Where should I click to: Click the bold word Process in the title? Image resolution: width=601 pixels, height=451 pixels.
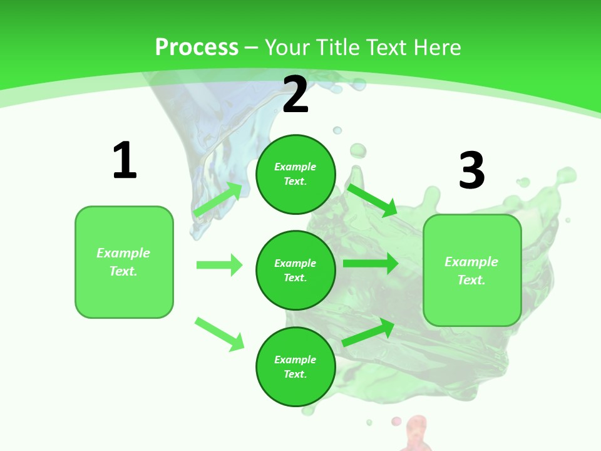[x=197, y=47]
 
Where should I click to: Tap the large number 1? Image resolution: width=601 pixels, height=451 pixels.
[x=125, y=160]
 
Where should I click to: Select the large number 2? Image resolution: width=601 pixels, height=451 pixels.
[x=295, y=95]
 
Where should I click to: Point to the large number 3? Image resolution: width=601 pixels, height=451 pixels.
[x=472, y=170]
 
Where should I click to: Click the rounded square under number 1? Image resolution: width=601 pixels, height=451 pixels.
[x=124, y=262]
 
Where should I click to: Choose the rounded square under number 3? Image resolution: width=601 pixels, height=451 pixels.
[x=472, y=271]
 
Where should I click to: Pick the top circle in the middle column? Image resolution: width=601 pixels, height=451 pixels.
[x=295, y=174]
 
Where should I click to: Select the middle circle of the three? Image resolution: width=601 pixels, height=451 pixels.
[x=295, y=270]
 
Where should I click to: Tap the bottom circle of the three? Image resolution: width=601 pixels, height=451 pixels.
[x=295, y=366]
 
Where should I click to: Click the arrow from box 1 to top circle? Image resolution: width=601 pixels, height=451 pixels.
[x=218, y=199]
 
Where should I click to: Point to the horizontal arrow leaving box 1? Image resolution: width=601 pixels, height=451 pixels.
[x=219, y=265]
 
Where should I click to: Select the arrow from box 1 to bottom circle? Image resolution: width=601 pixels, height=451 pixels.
[x=219, y=334]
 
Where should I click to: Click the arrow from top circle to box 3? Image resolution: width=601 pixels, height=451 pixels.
[x=372, y=200]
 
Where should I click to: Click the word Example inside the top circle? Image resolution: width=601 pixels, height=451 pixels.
[x=295, y=167]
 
